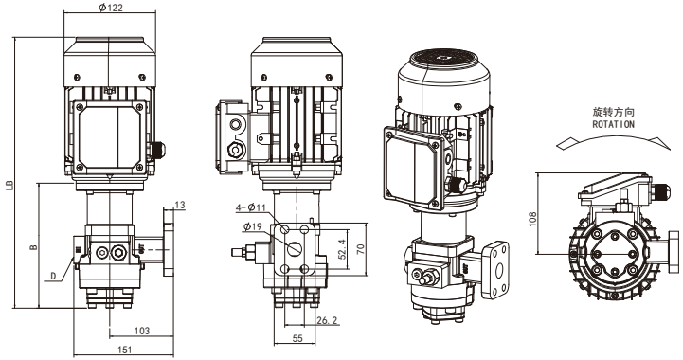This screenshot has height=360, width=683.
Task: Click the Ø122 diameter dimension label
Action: pyautogui.click(x=111, y=8)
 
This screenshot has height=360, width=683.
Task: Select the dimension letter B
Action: pyautogui.click(x=33, y=247)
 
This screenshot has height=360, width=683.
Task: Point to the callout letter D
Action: pyautogui.click(x=53, y=276)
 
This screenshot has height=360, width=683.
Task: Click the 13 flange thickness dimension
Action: pyautogui.click(x=179, y=205)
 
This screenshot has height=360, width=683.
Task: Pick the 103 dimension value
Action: pyautogui.click(x=141, y=331)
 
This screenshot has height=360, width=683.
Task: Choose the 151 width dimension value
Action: pyautogui.click(x=125, y=349)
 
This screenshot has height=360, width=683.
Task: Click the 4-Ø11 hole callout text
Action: pyautogui.click(x=250, y=207)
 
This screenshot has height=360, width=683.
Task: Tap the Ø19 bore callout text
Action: pyautogui.click(x=252, y=226)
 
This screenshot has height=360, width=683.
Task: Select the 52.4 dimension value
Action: pyautogui.click(x=342, y=249)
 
